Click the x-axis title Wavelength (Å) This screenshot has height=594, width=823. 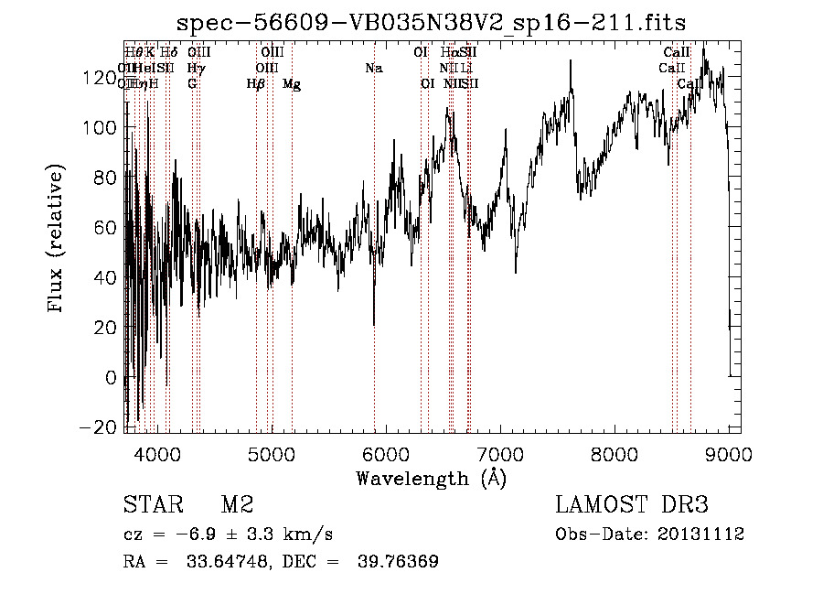(x=431, y=478)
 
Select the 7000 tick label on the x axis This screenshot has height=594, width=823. (x=500, y=453)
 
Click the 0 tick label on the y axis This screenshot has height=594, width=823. (x=112, y=378)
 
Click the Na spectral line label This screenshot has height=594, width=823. (x=373, y=69)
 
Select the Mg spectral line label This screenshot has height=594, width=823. (x=292, y=84)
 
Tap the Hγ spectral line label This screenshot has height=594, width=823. (x=196, y=69)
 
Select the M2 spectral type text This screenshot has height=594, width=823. (x=237, y=505)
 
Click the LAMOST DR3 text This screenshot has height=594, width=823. (x=631, y=505)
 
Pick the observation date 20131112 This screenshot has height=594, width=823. (x=702, y=535)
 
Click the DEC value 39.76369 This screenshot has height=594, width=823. (x=399, y=562)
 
